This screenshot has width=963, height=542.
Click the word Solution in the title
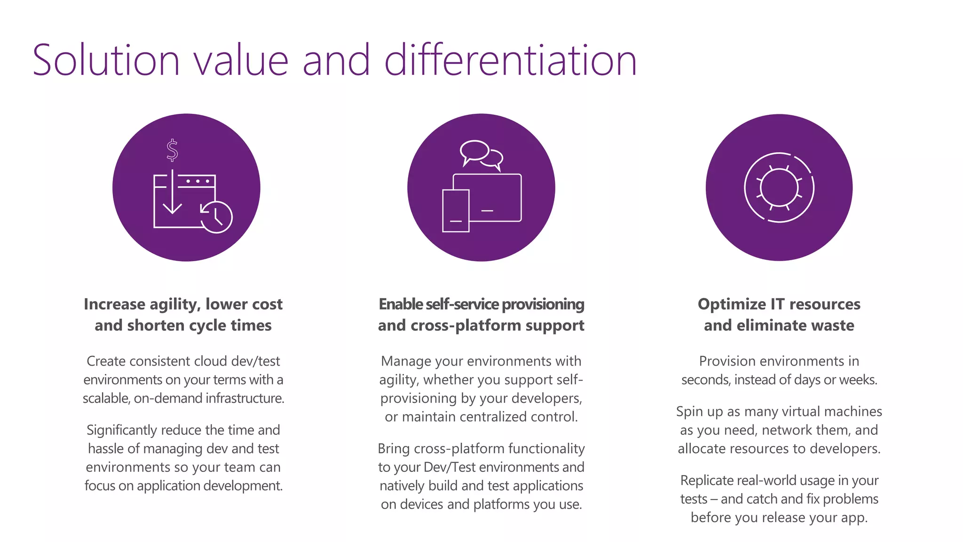click(106, 60)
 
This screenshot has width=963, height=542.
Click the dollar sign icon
click(173, 150)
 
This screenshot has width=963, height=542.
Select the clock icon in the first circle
click(217, 217)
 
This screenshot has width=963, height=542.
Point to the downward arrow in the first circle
click(172, 193)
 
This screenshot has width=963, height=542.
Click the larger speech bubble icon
click(474, 151)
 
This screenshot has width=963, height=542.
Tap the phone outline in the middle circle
click(456, 211)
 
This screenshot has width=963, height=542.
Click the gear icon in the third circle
click(779, 187)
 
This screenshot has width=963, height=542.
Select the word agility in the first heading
click(172, 304)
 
